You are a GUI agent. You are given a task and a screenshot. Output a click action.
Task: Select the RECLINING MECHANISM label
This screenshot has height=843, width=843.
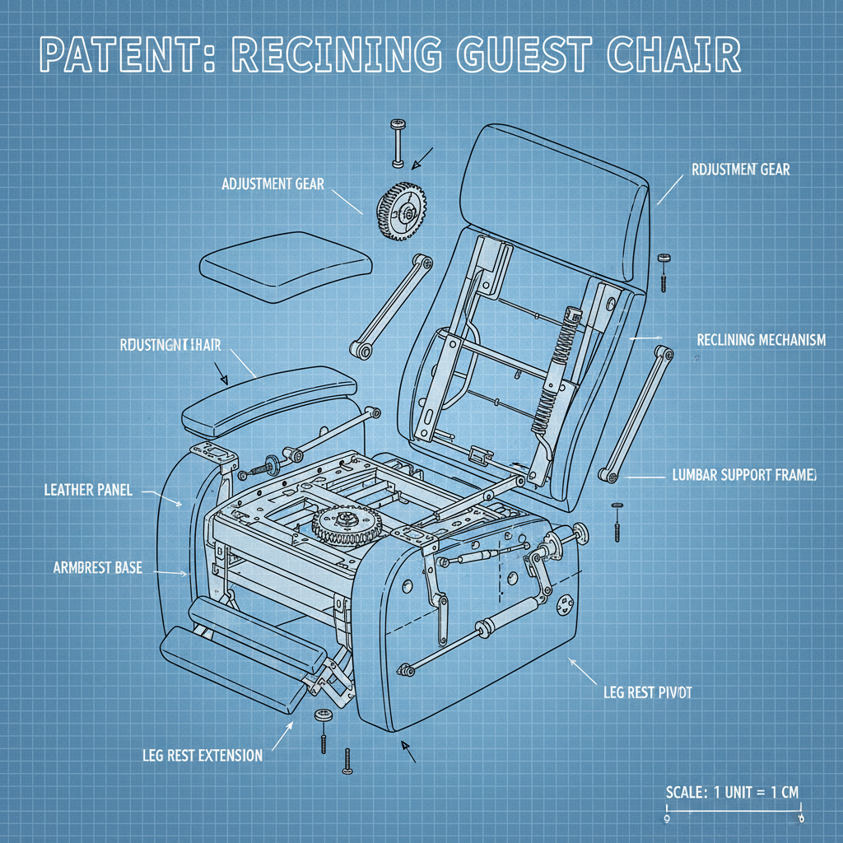761,340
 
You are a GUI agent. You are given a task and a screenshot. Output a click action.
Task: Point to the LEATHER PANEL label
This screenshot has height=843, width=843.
87,491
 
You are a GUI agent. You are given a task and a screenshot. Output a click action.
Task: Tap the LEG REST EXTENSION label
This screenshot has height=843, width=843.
202,755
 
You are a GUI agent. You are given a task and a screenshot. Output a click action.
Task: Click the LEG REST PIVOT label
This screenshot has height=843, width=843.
647,692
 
